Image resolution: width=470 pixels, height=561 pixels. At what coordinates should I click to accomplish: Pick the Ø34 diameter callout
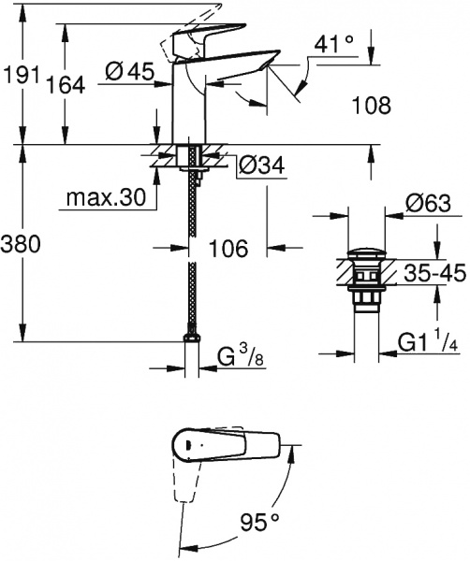tap(260, 165)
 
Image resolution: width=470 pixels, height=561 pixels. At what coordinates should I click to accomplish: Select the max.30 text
tap(105, 198)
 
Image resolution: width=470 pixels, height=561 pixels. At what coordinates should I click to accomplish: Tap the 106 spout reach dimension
tap(228, 249)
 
